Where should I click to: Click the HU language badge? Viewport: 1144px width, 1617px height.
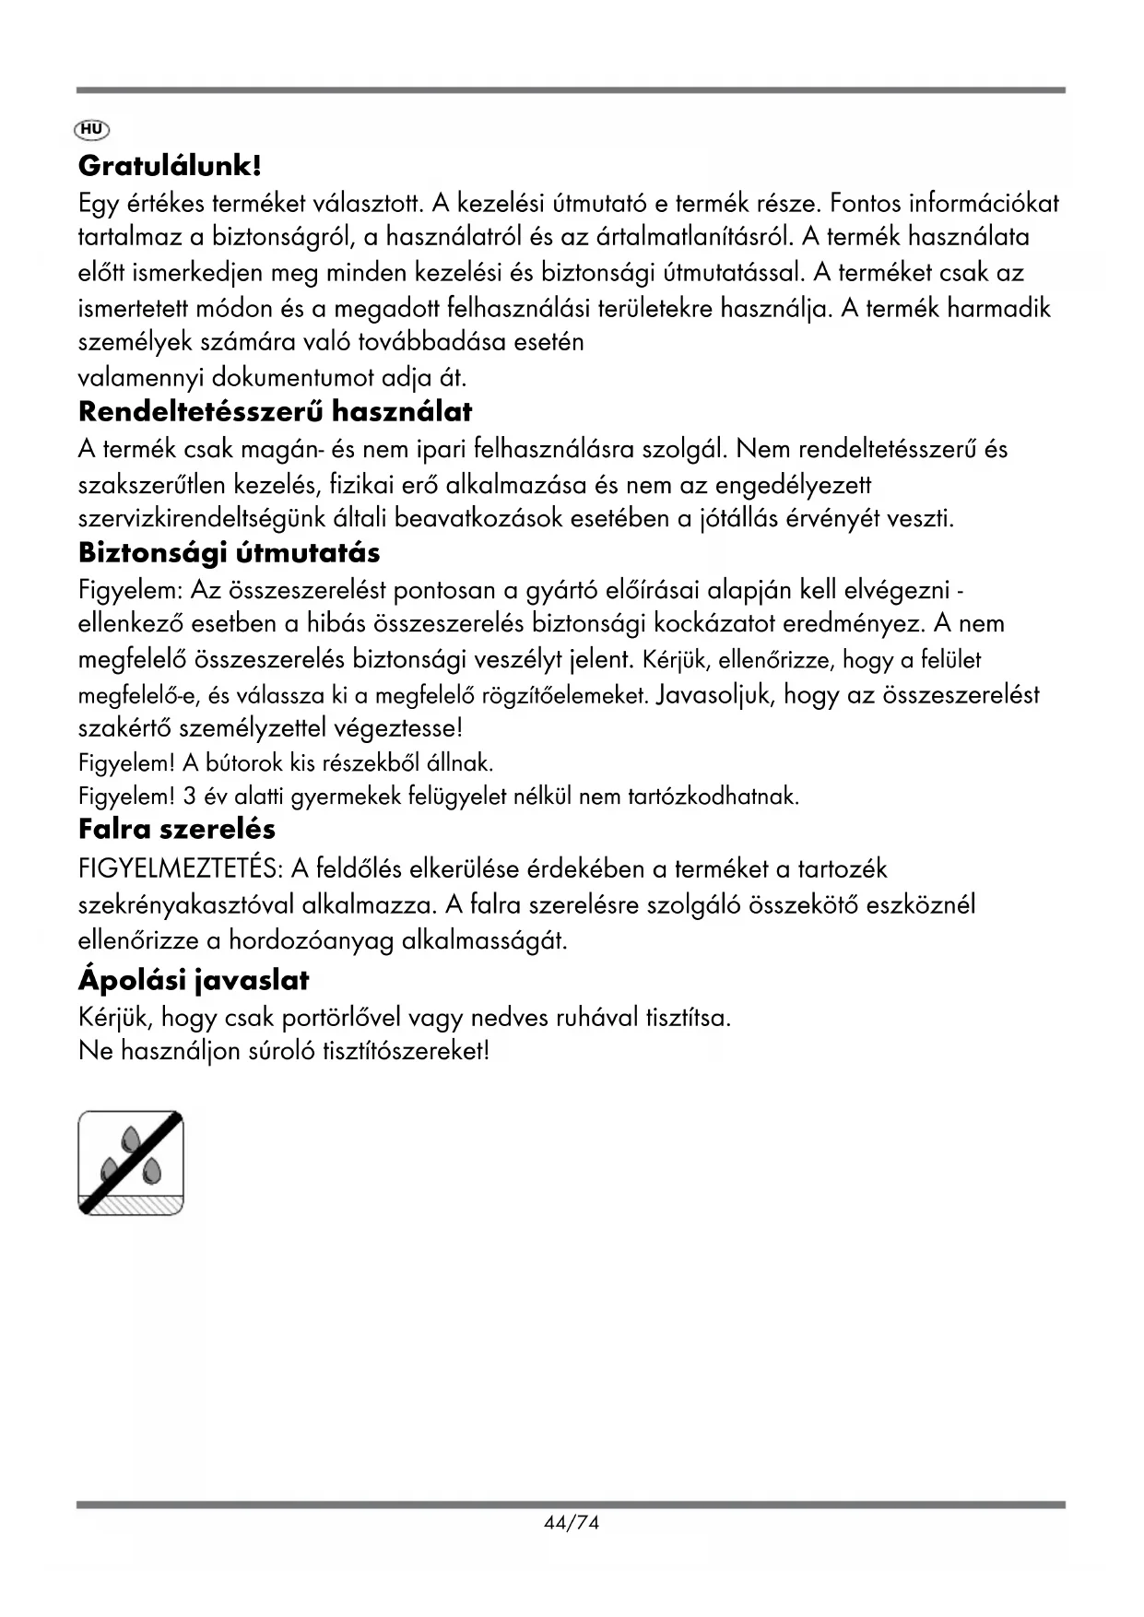pos(92,129)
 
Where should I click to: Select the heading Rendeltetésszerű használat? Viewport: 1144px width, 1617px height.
pos(275,411)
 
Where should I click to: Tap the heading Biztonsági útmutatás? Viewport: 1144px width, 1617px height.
pos(229,553)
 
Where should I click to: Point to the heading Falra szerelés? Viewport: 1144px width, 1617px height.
pos(176,828)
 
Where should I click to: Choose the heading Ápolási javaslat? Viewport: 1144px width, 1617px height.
pos(194,979)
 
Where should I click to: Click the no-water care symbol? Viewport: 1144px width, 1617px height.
pos(131,1163)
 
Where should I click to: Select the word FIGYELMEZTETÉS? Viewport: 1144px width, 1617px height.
pos(181,868)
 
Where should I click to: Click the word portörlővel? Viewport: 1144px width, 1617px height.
pos(340,1018)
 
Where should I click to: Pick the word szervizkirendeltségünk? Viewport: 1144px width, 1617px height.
pos(233,519)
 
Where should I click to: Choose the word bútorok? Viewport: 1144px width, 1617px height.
pos(242,763)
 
